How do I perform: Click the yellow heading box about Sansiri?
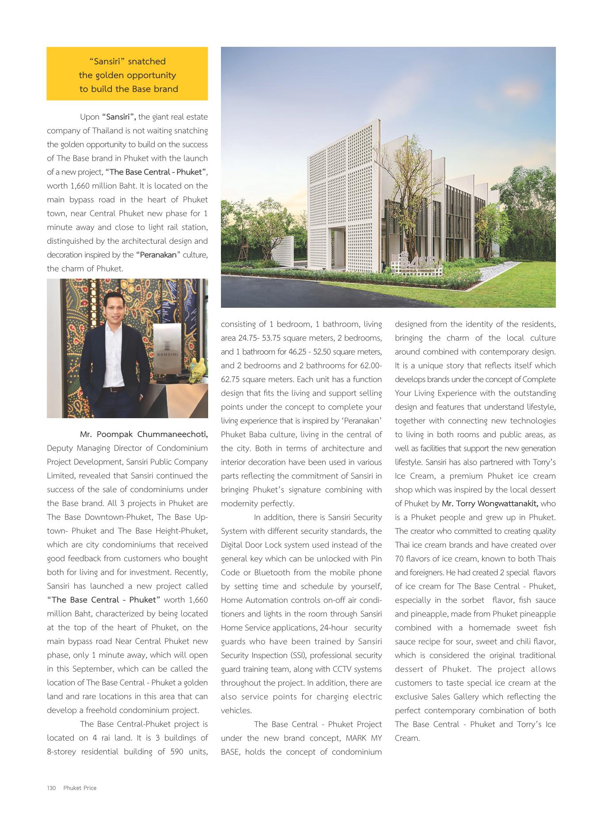point(127,74)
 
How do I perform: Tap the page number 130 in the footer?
point(51,787)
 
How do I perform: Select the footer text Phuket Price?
point(80,787)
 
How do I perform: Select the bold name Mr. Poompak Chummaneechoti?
point(144,434)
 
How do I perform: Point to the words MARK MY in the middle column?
point(364,737)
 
